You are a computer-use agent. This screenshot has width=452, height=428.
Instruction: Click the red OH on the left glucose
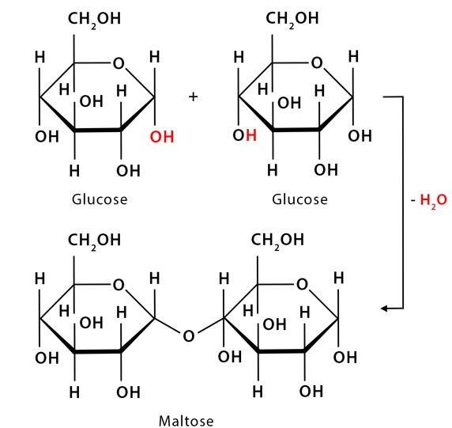click(162, 137)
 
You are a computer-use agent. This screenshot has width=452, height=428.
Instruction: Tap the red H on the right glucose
click(251, 135)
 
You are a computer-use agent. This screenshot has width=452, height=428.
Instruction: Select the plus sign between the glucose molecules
click(193, 97)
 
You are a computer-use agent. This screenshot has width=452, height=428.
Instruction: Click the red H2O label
click(433, 200)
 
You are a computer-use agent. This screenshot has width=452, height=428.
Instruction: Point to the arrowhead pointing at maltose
click(384, 309)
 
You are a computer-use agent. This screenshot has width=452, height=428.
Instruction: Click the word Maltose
click(186, 421)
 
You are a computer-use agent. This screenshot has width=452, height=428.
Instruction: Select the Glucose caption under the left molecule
click(100, 199)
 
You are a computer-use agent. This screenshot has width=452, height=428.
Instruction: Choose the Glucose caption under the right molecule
click(299, 199)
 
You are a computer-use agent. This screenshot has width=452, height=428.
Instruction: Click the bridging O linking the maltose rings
click(189, 336)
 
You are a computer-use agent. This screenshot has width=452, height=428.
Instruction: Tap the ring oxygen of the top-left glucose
click(119, 63)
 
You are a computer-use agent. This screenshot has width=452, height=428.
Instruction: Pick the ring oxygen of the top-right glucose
click(317, 62)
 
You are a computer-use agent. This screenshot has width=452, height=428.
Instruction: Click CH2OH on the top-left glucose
click(94, 20)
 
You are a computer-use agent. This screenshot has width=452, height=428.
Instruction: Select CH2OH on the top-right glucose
click(292, 19)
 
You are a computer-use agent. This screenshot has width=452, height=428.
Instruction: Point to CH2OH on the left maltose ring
click(94, 241)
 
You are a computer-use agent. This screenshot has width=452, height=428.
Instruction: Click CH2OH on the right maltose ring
click(277, 241)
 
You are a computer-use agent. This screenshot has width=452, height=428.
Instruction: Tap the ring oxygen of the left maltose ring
click(119, 285)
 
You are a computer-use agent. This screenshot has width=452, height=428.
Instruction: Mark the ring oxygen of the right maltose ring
click(302, 284)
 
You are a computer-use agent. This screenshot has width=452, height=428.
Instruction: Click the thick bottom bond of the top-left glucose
click(98, 130)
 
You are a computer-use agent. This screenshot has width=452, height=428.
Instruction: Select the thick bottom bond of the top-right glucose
click(296, 130)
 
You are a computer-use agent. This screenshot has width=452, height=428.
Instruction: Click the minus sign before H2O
click(413, 200)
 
